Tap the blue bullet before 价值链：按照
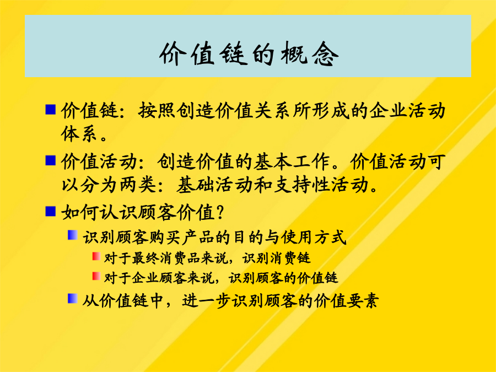(x=51, y=110)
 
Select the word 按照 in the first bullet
(x=157, y=111)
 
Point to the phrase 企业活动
(x=407, y=111)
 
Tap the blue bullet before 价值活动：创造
(x=51, y=160)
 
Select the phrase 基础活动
(x=214, y=185)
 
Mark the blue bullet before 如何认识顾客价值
(x=51, y=211)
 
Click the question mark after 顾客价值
(x=220, y=213)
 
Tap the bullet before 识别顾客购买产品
(x=73, y=235)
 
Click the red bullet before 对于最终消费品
(x=96, y=256)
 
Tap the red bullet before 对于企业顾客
(x=96, y=276)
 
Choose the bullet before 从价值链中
(x=73, y=298)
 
